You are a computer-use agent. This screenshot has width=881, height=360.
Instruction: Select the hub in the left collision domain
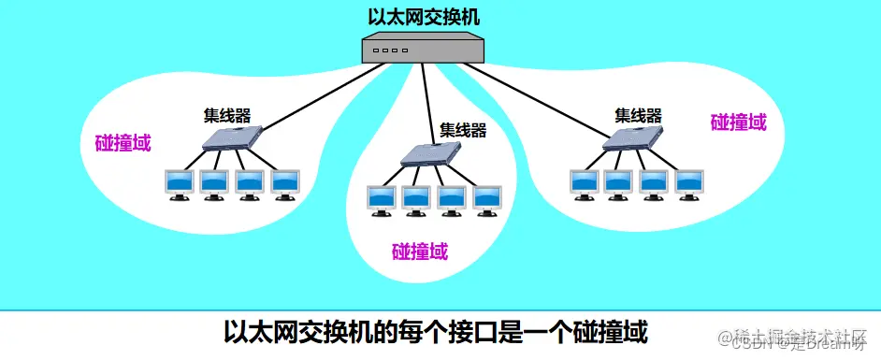[x=230, y=139]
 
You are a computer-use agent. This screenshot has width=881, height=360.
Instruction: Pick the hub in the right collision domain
[x=633, y=137]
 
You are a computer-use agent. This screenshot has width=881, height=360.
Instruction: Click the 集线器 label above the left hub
[x=228, y=116]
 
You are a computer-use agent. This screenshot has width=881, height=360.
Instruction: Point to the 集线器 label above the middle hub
[x=463, y=130]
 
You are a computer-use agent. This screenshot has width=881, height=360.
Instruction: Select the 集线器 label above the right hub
[x=638, y=116]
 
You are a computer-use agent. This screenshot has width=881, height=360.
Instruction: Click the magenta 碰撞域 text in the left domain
[x=123, y=144]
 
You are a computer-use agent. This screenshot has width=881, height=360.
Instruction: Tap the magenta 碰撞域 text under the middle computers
[x=419, y=251]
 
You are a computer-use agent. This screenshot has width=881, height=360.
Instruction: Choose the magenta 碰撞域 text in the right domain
[x=738, y=122]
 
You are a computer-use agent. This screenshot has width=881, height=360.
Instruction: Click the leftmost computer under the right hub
[x=584, y=183]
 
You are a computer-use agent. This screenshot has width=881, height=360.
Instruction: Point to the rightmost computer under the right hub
[x=689, y=183]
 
